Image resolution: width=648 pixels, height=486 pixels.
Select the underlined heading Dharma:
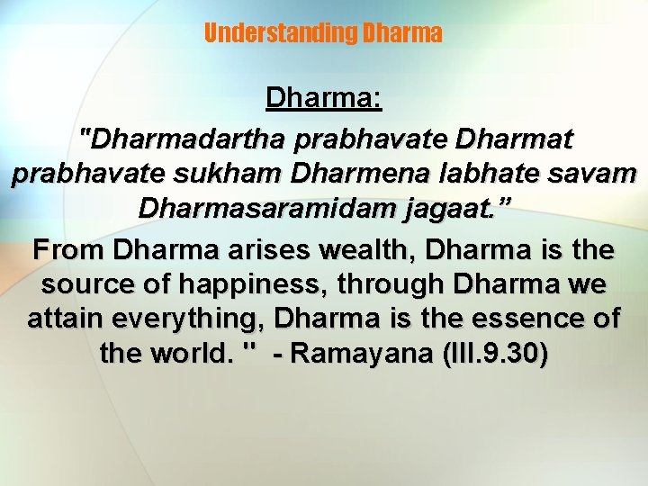tap(324, 98)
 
